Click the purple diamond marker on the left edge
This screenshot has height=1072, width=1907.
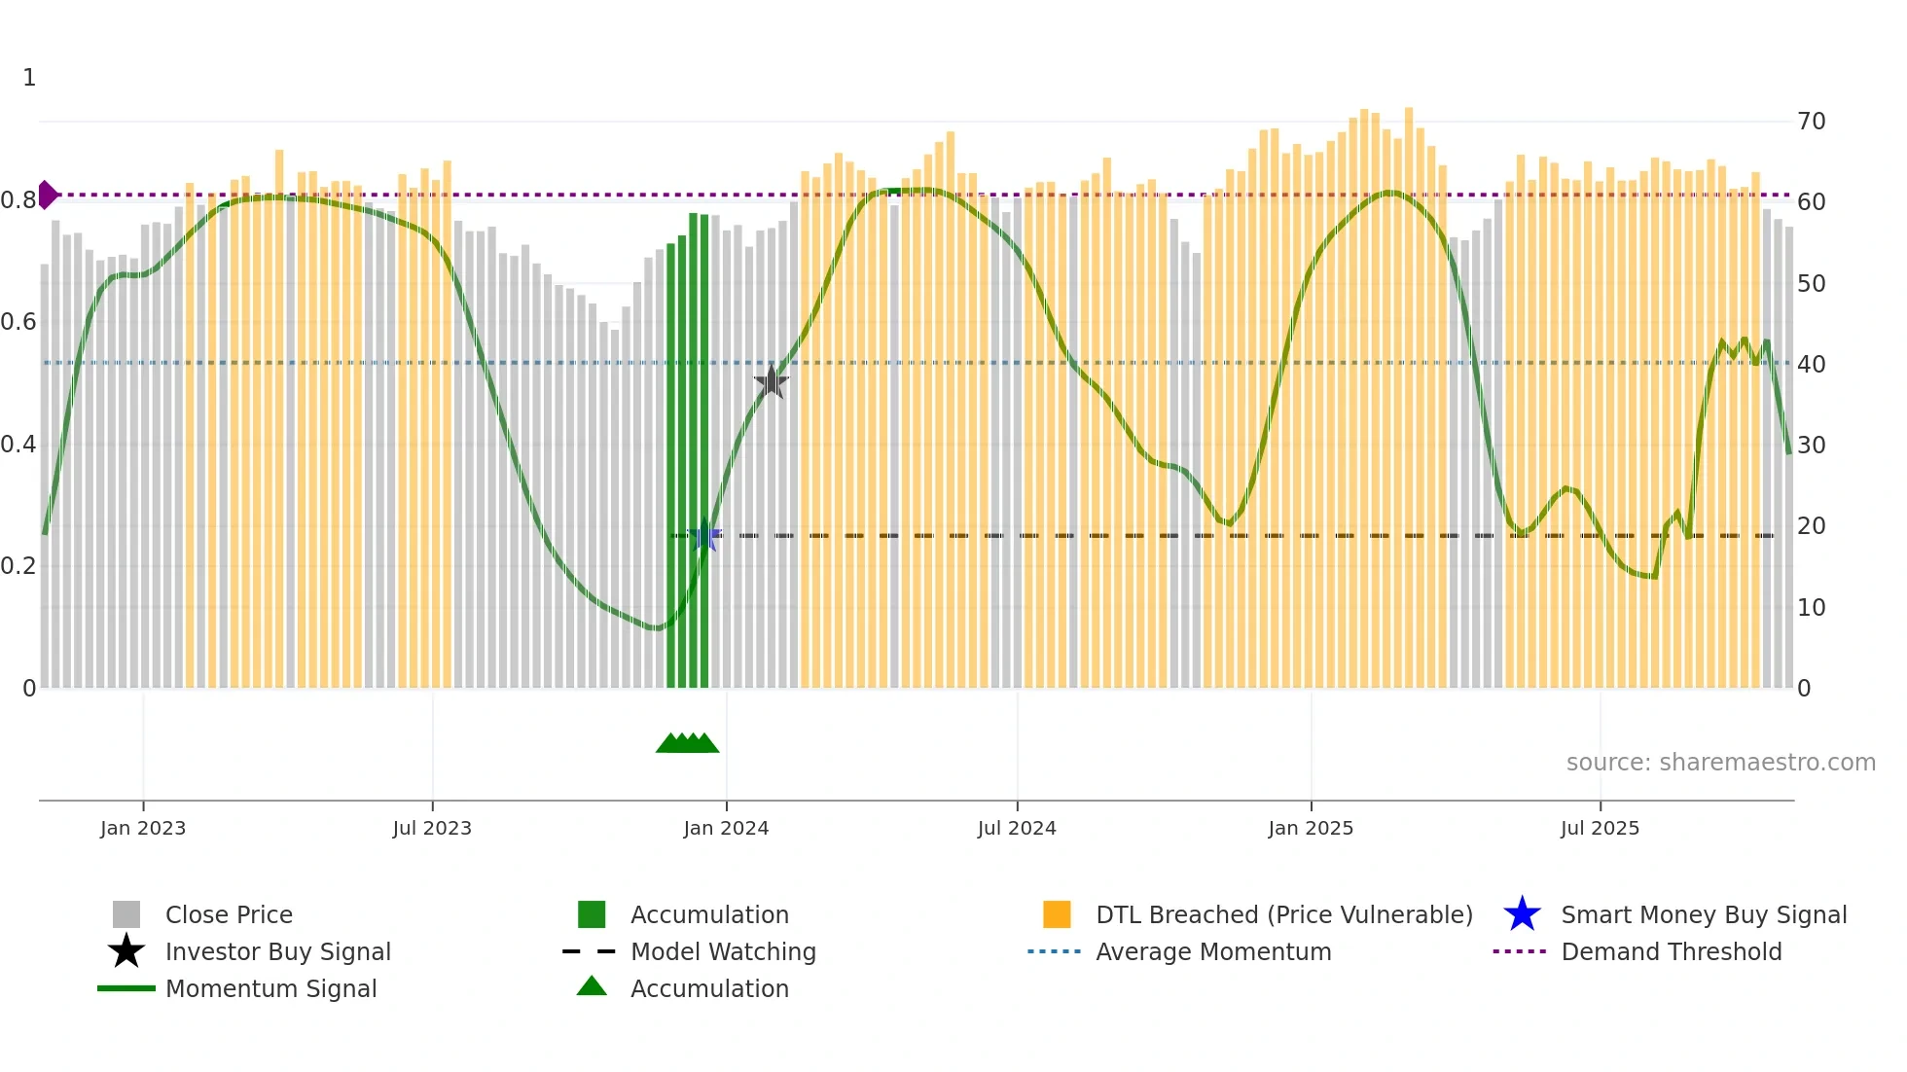[x=47, y=195]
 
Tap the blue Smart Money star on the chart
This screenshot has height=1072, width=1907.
[x=705, y=535]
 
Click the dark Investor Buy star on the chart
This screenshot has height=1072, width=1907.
[x=772, y=381]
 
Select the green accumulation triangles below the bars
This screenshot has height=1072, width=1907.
[x=687, y=743]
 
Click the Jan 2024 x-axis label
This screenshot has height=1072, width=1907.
[x=726, y=828]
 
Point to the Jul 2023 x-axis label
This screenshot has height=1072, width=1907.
[x=432, y=828]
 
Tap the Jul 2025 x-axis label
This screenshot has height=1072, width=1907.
[x=1600, y=828]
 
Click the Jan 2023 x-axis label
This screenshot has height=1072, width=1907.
[x=143, y=828]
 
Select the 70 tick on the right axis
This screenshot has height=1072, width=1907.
[x=1811, y=122]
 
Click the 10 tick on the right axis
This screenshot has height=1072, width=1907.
[x=1811, y=608]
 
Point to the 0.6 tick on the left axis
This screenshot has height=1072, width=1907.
[x=18, y=322]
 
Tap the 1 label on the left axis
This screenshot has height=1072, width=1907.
[x=29, y=78]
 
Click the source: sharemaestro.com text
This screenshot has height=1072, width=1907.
[x=1720, y=763]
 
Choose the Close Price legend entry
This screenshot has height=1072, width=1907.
[x=229, y=914]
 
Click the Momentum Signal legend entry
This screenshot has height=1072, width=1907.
[x=270, y=988]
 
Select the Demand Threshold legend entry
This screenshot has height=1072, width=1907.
[x=1671, y=951]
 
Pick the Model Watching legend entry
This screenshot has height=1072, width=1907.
[x=723, y=951]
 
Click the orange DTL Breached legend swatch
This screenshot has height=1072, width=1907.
[x=1057, y=914]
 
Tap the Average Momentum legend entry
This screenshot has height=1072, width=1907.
[x=1213, y=951]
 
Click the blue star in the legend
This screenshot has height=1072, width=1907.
[x=1522, y=914]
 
